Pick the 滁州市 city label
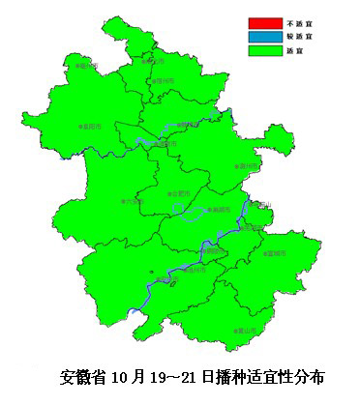pyautogui.click(x=249, y=165)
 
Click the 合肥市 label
pyautogui.click(x=180, y=193)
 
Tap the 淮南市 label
pyautogui.click(x=167, y=145)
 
